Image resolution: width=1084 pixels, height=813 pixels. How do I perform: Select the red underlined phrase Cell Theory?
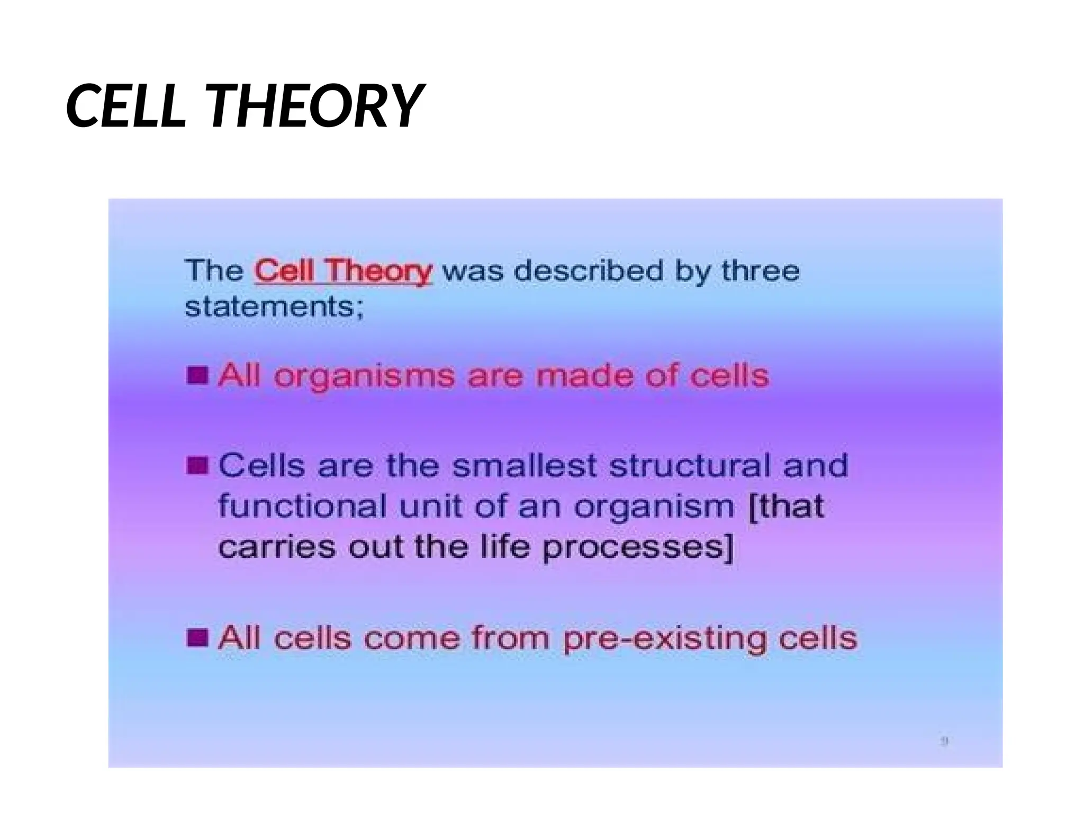point(343,271)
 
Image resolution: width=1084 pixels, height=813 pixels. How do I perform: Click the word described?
point(588,271)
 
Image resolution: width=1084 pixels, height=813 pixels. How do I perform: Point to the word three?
point(760,271)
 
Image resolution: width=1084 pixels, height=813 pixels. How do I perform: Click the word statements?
point(274,306)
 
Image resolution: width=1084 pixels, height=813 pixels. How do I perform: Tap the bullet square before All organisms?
point(197,375)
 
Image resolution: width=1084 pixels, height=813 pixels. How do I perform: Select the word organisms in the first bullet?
point(364,376)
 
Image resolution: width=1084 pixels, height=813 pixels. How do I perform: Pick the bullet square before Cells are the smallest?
point(197,466)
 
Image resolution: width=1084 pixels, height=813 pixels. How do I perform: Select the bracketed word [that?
point(787,506)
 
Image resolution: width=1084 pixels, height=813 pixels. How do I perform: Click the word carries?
point(276,547)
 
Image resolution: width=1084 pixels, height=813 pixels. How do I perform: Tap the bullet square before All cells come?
point(197,638)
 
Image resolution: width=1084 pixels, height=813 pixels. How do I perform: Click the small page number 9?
point(945,742)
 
